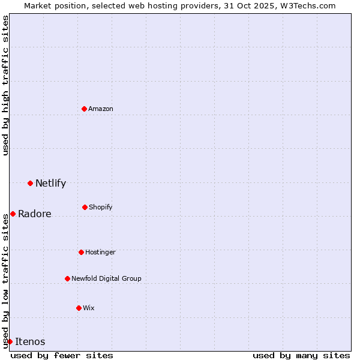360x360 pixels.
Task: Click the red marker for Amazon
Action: tap(85, 109)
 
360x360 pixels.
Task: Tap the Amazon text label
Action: tap(101, 109)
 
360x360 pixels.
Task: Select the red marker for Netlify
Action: tap(30, 183)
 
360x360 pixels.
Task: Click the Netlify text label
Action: tap(50, 184)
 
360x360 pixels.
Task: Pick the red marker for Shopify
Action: tap(85, 207)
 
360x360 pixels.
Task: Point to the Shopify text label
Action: tap(101, 207)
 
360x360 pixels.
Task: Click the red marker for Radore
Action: tap(13, 214)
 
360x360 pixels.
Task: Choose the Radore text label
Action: tap(35, 214)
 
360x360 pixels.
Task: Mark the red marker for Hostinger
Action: tap(81, 252)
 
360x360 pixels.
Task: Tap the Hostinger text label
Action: tap(100, 252)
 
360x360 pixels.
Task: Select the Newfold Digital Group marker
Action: tap(67, 278)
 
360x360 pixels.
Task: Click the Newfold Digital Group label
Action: tap(106, 278)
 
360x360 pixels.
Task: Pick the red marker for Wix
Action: tap(79, 308)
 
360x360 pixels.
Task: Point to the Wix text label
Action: tap(89, 308)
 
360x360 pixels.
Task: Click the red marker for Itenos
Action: tap(10, 341)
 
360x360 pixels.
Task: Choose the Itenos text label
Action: tap(30, 342)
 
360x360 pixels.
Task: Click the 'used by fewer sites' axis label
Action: tap(62, 355)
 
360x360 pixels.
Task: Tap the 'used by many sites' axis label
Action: tap(301, 355)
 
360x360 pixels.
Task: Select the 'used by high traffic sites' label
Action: tap(5, 85)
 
